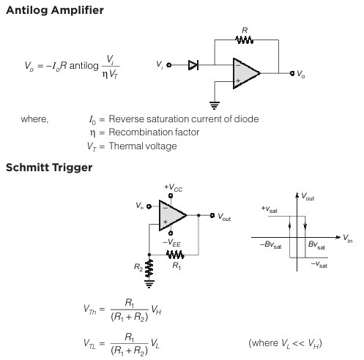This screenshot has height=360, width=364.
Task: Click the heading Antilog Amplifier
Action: [x=54, y=11]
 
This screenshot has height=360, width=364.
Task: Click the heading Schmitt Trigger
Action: [x=48, y=168]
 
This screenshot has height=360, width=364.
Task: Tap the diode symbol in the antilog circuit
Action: [x=193, y=65]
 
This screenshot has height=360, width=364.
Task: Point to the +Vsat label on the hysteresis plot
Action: [x=270, y=209]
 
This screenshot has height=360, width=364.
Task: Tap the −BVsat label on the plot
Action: [x=270, y=244]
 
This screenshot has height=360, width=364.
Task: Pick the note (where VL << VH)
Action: [x=285, y=343]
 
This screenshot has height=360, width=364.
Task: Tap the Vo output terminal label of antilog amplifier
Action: [x=302, y=75]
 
